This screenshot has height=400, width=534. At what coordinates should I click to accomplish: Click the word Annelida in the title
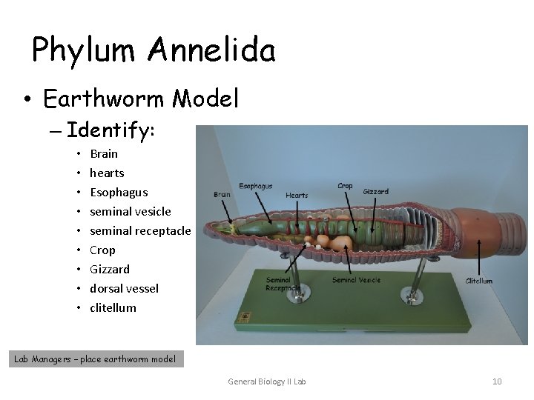click(x=212, y=50)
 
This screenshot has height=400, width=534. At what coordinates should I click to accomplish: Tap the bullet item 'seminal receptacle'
click(x=140, y=230)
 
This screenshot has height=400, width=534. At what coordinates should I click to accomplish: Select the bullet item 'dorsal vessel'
click(x=124, y=288)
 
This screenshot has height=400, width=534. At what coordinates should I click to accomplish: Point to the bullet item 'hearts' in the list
click(x=107, y=173)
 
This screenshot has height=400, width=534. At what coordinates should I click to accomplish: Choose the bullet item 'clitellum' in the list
click(x=113, y=307)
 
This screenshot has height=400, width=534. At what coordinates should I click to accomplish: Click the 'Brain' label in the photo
click(x=221, y=194)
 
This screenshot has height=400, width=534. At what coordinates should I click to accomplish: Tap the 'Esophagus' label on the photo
click(x=255, y=186)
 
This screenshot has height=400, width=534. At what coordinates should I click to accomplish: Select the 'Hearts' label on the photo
click(x=297, y=196)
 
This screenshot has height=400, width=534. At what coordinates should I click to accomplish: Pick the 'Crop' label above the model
click(x=345, y=186)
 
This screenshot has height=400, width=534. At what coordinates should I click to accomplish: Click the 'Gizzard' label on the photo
click(x=375, y=191)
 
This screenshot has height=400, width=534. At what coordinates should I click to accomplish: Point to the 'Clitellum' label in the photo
click(x=478, y=281)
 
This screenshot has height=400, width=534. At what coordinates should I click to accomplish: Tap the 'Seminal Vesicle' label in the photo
click(x=356, y=280)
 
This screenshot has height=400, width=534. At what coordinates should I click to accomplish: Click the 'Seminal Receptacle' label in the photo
click(x=283, y=283)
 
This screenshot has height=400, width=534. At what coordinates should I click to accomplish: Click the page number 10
click(x=497, y=381)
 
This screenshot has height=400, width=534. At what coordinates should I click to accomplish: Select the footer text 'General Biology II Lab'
click(x=266, y=381)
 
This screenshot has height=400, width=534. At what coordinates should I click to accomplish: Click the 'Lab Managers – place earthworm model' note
click(x=96, y=359)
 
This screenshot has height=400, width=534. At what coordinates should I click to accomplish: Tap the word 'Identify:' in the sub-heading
click(x=111, y=131)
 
